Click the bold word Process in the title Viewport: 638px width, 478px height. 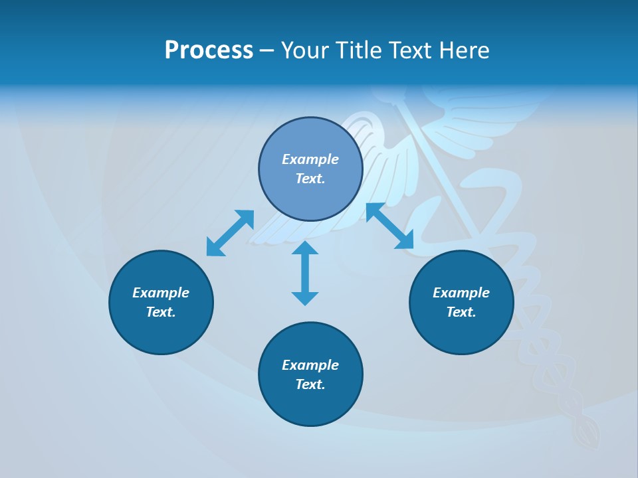tap(209, 50)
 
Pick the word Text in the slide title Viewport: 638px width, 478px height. tap(409, 50)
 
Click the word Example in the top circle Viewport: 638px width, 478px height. tap(310, 159)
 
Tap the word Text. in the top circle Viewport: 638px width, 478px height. tap(310, 179)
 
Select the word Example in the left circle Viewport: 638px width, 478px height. tap(161, 293)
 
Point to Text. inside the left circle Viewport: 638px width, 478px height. tap(161, 312)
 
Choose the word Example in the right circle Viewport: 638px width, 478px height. tap(461, 293)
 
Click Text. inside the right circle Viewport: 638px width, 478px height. tap(461, 312)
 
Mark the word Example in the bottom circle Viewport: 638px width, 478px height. tap(310, 365)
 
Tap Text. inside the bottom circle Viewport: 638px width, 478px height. tap(310, 384)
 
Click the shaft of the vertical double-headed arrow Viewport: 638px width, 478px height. tap(305, 273)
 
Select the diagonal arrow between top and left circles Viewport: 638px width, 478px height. tap(230, 233)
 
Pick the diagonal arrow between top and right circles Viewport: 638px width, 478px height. tap(390, 226)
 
